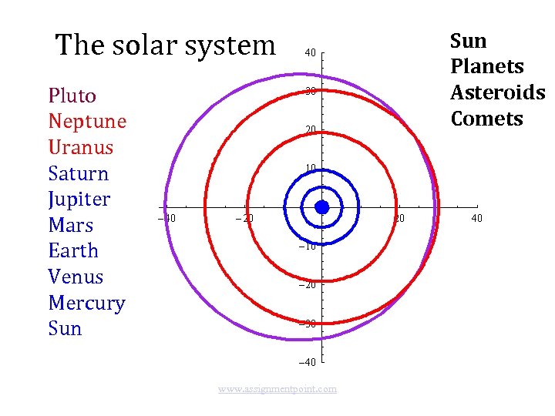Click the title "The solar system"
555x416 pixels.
(x=165, y=45)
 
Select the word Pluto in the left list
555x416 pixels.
(x=72, y=96)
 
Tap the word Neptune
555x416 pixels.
(x=87, y=122)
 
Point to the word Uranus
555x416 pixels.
(x=80, y=147)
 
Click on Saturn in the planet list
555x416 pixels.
(x=78, y=173)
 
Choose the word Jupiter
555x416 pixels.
(x=79, y=200)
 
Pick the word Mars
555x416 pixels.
(x=70, y=225)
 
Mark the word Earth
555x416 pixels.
(x=73, y=251)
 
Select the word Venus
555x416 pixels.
(x=76, y=277)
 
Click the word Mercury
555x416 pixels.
(x=86, y=303)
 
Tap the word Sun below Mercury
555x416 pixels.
(x=65, y=328)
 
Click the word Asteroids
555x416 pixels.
(x=497, y=92)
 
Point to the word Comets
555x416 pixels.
(x=487, y=119)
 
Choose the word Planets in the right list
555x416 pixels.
(x=487, y=66)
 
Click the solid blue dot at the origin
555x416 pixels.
(x=322, y=207)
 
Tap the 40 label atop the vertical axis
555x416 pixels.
(x=310, y=53)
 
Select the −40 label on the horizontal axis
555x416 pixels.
(x=166, y=218)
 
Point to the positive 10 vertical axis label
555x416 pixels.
(x=310, y=169)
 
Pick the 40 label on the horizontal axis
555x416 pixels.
(x=477, y=218)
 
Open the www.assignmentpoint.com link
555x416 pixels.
(x=277, y=389)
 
